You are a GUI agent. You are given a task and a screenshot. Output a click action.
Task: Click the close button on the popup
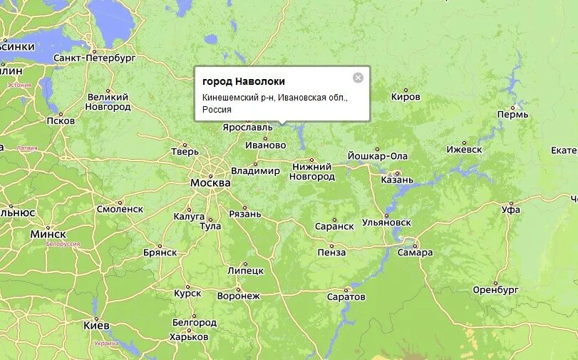[358, 78]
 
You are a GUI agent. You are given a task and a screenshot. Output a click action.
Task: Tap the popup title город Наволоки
[244, 81]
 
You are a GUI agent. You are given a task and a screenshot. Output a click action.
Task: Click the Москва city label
[210, 182]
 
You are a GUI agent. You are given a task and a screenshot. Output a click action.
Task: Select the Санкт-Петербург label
[94, 57]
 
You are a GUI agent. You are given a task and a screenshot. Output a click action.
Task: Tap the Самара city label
[416, 252]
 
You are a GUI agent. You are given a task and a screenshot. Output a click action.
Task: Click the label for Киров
[406, 97]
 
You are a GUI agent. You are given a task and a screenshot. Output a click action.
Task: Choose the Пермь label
[513, 114]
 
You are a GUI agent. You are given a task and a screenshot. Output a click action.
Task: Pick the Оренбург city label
[495, 290]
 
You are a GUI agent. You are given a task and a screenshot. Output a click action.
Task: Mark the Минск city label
[48, 234]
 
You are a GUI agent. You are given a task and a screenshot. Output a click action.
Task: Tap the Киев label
[96, 325]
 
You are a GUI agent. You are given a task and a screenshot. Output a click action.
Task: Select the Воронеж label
[238, 295]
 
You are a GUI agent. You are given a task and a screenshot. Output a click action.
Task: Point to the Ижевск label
[464, 150]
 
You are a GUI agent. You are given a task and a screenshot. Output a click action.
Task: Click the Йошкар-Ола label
[378, 156]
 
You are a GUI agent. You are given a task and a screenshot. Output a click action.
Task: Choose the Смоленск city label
[120, 209]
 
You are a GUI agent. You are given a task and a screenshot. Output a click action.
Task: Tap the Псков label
[61, 120]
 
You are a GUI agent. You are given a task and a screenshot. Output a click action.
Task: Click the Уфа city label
[510, 210]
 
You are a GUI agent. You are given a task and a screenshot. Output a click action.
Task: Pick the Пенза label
[331, 252]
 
